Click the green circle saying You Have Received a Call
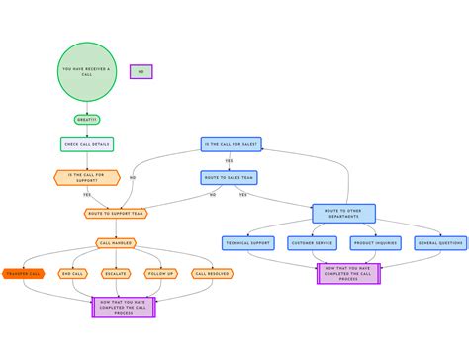tap(87, 72)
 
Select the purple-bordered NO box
tap(141, 71)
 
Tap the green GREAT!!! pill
tap(87, 120)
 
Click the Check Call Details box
tap(87, 144)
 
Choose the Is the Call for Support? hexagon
tap(86, 178)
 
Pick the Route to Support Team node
tap(116, 213)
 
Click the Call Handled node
tap(116, 243)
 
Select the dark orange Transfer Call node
tap(23, 273)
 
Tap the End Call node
tap(72, 273)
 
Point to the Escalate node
tap(116, 273)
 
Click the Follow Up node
tap(161, 273)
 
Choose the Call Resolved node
tap(212, 273)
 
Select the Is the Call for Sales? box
tap(230, 144)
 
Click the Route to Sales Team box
tap(229, 178)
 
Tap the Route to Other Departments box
tap(343, 214)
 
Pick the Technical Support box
tap(247, 243)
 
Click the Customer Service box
tap(312, 243)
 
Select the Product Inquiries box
tap(375, 243)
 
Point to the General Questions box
tap(440, 243)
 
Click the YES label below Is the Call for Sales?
tap(229, 161)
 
